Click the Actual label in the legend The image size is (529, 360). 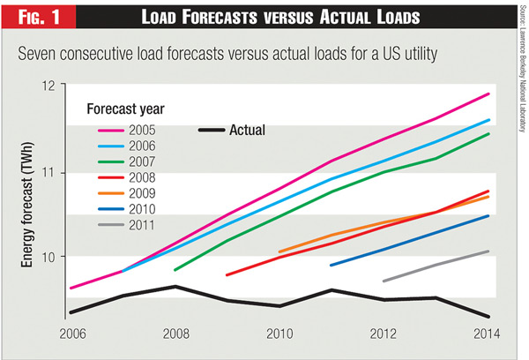pyautogui.click(x=247, y=131)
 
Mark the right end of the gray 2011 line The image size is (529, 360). pyautogui.click(x=489, y=251)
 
